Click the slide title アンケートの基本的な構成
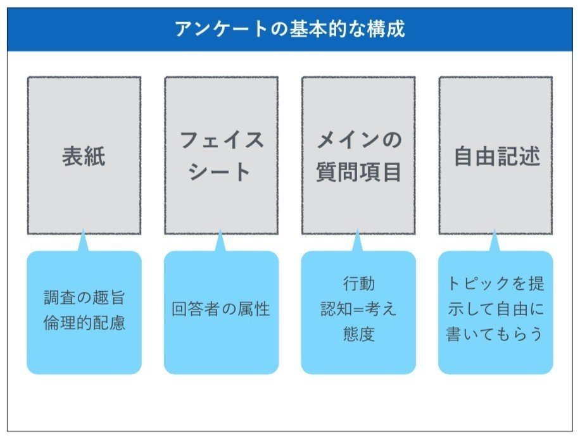coord(289,29)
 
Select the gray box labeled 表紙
coord(84,156)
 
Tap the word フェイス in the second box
coord(221,140)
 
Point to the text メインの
coord(358,140)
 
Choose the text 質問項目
coord(358,172)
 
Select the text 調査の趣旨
coord(85,297)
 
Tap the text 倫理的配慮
coord(85,322)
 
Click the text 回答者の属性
coord(221,309)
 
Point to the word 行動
coord(358,284)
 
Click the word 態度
coord(358,334)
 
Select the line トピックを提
coord(496,284)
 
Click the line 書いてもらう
coord(496,334)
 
